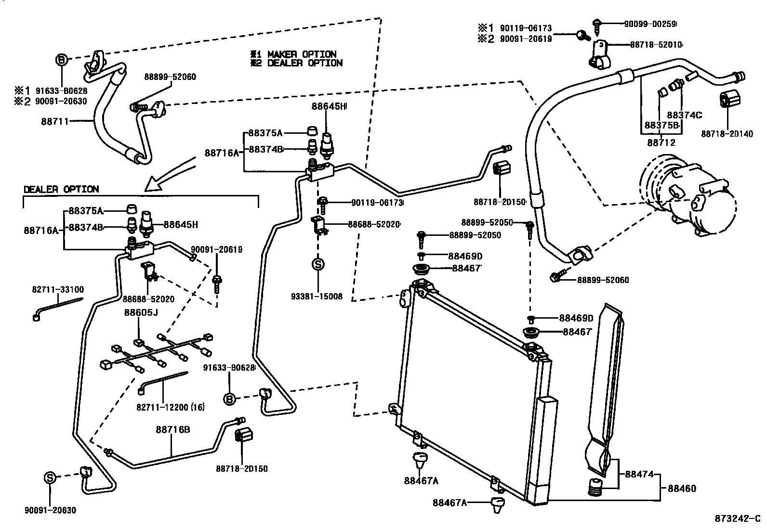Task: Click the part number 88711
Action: (54, 121)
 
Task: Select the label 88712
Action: (661, 142)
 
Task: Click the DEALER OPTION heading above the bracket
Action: (61, 190)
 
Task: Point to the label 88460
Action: (682, 489)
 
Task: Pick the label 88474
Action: (639, 474)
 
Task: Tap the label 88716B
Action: (172, 429)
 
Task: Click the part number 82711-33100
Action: (58, 290)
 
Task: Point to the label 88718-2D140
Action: (727, 134)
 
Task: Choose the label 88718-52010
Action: (656, 45)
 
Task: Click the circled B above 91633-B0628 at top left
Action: (63, 60)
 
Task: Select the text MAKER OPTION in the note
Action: (302, 54)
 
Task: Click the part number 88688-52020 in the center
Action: (374, 224)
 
